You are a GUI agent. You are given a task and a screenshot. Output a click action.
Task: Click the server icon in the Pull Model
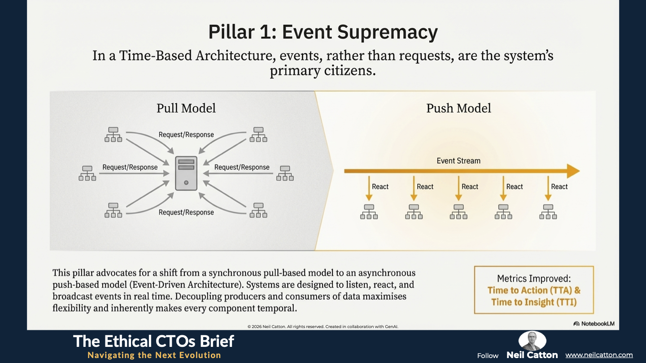[186, 173]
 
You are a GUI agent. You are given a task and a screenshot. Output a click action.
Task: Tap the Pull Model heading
[186, 108]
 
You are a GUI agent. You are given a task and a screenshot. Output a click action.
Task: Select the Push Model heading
[458, 108]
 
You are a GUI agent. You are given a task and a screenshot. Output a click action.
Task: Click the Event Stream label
[458, 161]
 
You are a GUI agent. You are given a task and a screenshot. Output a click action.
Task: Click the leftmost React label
[380, 187]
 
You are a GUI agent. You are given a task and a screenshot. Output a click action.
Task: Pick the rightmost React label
[559, 187]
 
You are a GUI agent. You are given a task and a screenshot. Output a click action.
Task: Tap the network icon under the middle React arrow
[458, 212]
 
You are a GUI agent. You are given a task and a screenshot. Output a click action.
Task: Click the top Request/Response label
[186, 134]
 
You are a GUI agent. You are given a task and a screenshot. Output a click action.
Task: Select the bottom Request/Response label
[186, 212]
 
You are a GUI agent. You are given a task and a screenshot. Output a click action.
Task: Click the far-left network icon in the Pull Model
[87, 173]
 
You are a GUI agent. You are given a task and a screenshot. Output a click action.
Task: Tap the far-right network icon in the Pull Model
[285, 173]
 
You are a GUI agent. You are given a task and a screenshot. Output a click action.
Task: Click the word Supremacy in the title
[387, 32]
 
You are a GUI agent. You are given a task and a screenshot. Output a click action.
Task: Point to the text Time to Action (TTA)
[530, 290]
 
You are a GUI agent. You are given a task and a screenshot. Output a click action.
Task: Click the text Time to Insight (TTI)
[534, 302]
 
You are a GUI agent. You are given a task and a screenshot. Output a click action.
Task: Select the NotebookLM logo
[594, 324]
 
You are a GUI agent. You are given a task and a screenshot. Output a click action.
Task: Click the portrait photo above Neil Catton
[532, 340]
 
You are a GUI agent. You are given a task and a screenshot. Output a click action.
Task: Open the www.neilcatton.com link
[599, 355]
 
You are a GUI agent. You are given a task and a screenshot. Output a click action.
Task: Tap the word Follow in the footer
[488, 356]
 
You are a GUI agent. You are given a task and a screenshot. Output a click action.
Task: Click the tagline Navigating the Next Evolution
[154, 355]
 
